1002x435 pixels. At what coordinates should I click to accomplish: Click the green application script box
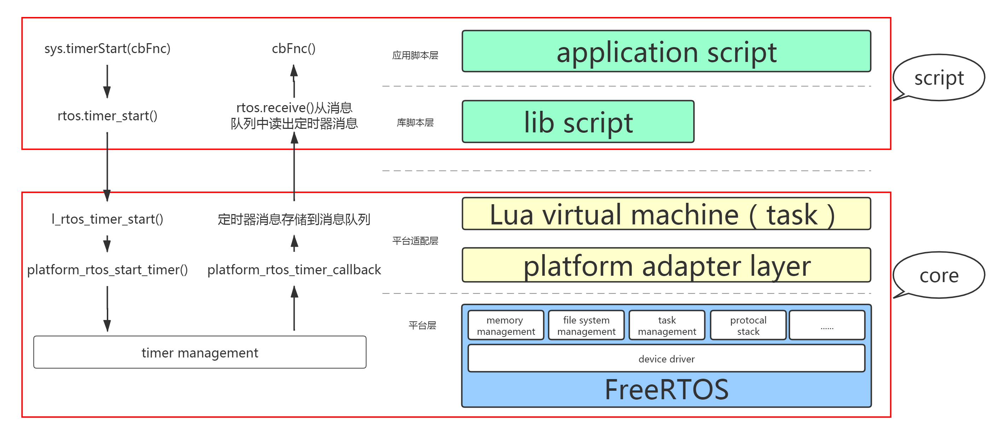(666, 51)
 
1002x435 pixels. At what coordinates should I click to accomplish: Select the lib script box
(578, 122)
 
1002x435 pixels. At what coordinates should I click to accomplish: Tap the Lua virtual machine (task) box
(666, 214)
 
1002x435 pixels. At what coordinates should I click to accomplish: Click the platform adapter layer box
(666, 265)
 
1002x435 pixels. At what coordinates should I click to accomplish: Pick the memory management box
(506, 325)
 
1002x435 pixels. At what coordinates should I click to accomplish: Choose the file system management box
(586, 325)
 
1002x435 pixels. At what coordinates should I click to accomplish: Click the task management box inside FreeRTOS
(667, 325)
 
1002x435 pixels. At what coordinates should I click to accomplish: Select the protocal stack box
(748, 325)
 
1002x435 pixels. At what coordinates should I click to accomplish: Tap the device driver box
(666, 358)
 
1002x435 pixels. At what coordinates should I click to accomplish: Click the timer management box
(200, 352)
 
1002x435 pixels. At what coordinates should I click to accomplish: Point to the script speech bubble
(939, 78)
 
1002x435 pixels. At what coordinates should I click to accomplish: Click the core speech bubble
(939, 275)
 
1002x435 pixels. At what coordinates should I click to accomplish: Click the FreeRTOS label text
(666, 389)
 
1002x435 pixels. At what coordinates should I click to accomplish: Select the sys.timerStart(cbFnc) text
(108, 48)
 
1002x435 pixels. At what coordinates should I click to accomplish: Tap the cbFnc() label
(294, 48)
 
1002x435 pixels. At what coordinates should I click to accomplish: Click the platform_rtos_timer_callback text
(294, 270)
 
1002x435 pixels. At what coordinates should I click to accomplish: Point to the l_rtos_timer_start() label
(108, 219)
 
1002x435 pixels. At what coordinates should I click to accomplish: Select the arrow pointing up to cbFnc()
(294, 81)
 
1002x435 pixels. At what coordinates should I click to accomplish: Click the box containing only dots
(827, 325)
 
